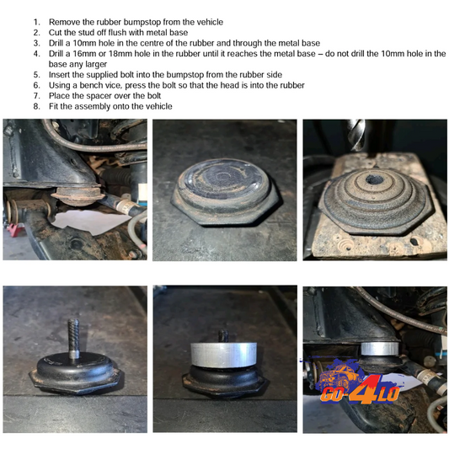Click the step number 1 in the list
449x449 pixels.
[36, 23]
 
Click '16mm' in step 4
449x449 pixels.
[84, 54]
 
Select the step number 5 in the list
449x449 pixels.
[36, 75]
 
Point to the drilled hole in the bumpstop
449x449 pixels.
[375, 179]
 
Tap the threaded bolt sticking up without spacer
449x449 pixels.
[73, 339]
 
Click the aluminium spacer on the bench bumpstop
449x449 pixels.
[223, 355]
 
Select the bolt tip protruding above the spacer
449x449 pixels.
[223, 335]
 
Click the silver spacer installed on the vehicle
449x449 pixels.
[380, 348]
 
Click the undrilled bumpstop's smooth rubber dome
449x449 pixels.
[223, 179]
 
